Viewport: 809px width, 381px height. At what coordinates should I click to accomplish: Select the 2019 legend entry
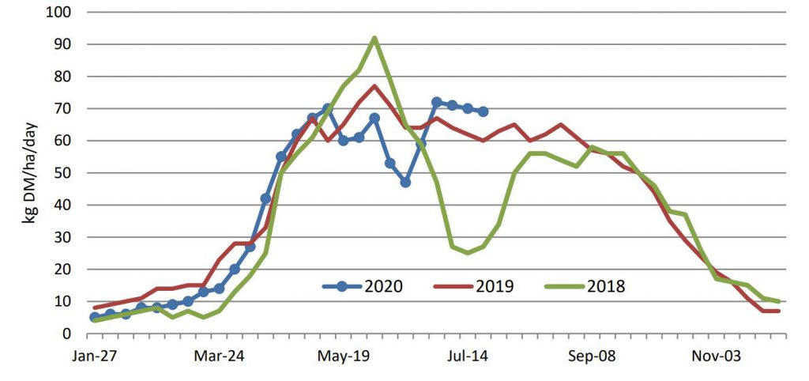(x=475, y=285)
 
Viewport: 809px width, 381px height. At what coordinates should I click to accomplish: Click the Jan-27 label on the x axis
(x=94, y=356)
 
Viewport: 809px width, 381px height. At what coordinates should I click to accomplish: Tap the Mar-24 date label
(x=219, y=356)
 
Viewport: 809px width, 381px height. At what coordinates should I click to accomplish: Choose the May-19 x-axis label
(x=344, y=356)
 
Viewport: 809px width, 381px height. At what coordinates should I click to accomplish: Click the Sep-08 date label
(x=592, y=356)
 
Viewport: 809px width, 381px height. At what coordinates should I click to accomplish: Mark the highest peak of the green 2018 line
(x=374, y=38)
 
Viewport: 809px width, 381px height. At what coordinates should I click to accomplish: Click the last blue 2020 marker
(x=484, y=111)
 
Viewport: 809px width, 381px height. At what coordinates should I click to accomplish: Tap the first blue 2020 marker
(x=95, y=317)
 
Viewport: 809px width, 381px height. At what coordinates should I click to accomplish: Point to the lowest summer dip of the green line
(x=468, y=253)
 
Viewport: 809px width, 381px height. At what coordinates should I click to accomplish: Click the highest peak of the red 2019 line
(x=374, y=86)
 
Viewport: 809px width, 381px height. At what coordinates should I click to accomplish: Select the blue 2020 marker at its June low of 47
(x=405, y=183)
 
